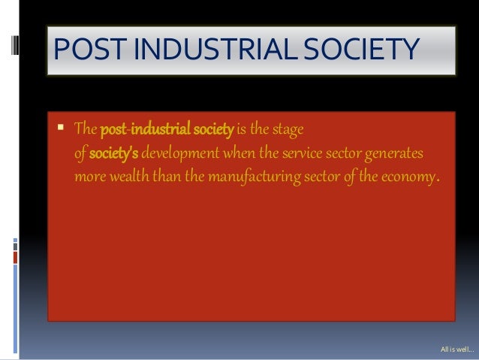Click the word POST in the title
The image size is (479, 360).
pos(82,50)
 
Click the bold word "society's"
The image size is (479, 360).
pos(113,153)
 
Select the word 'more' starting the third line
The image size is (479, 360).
pos(89,177)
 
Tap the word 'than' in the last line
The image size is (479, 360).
pos(170,177)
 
